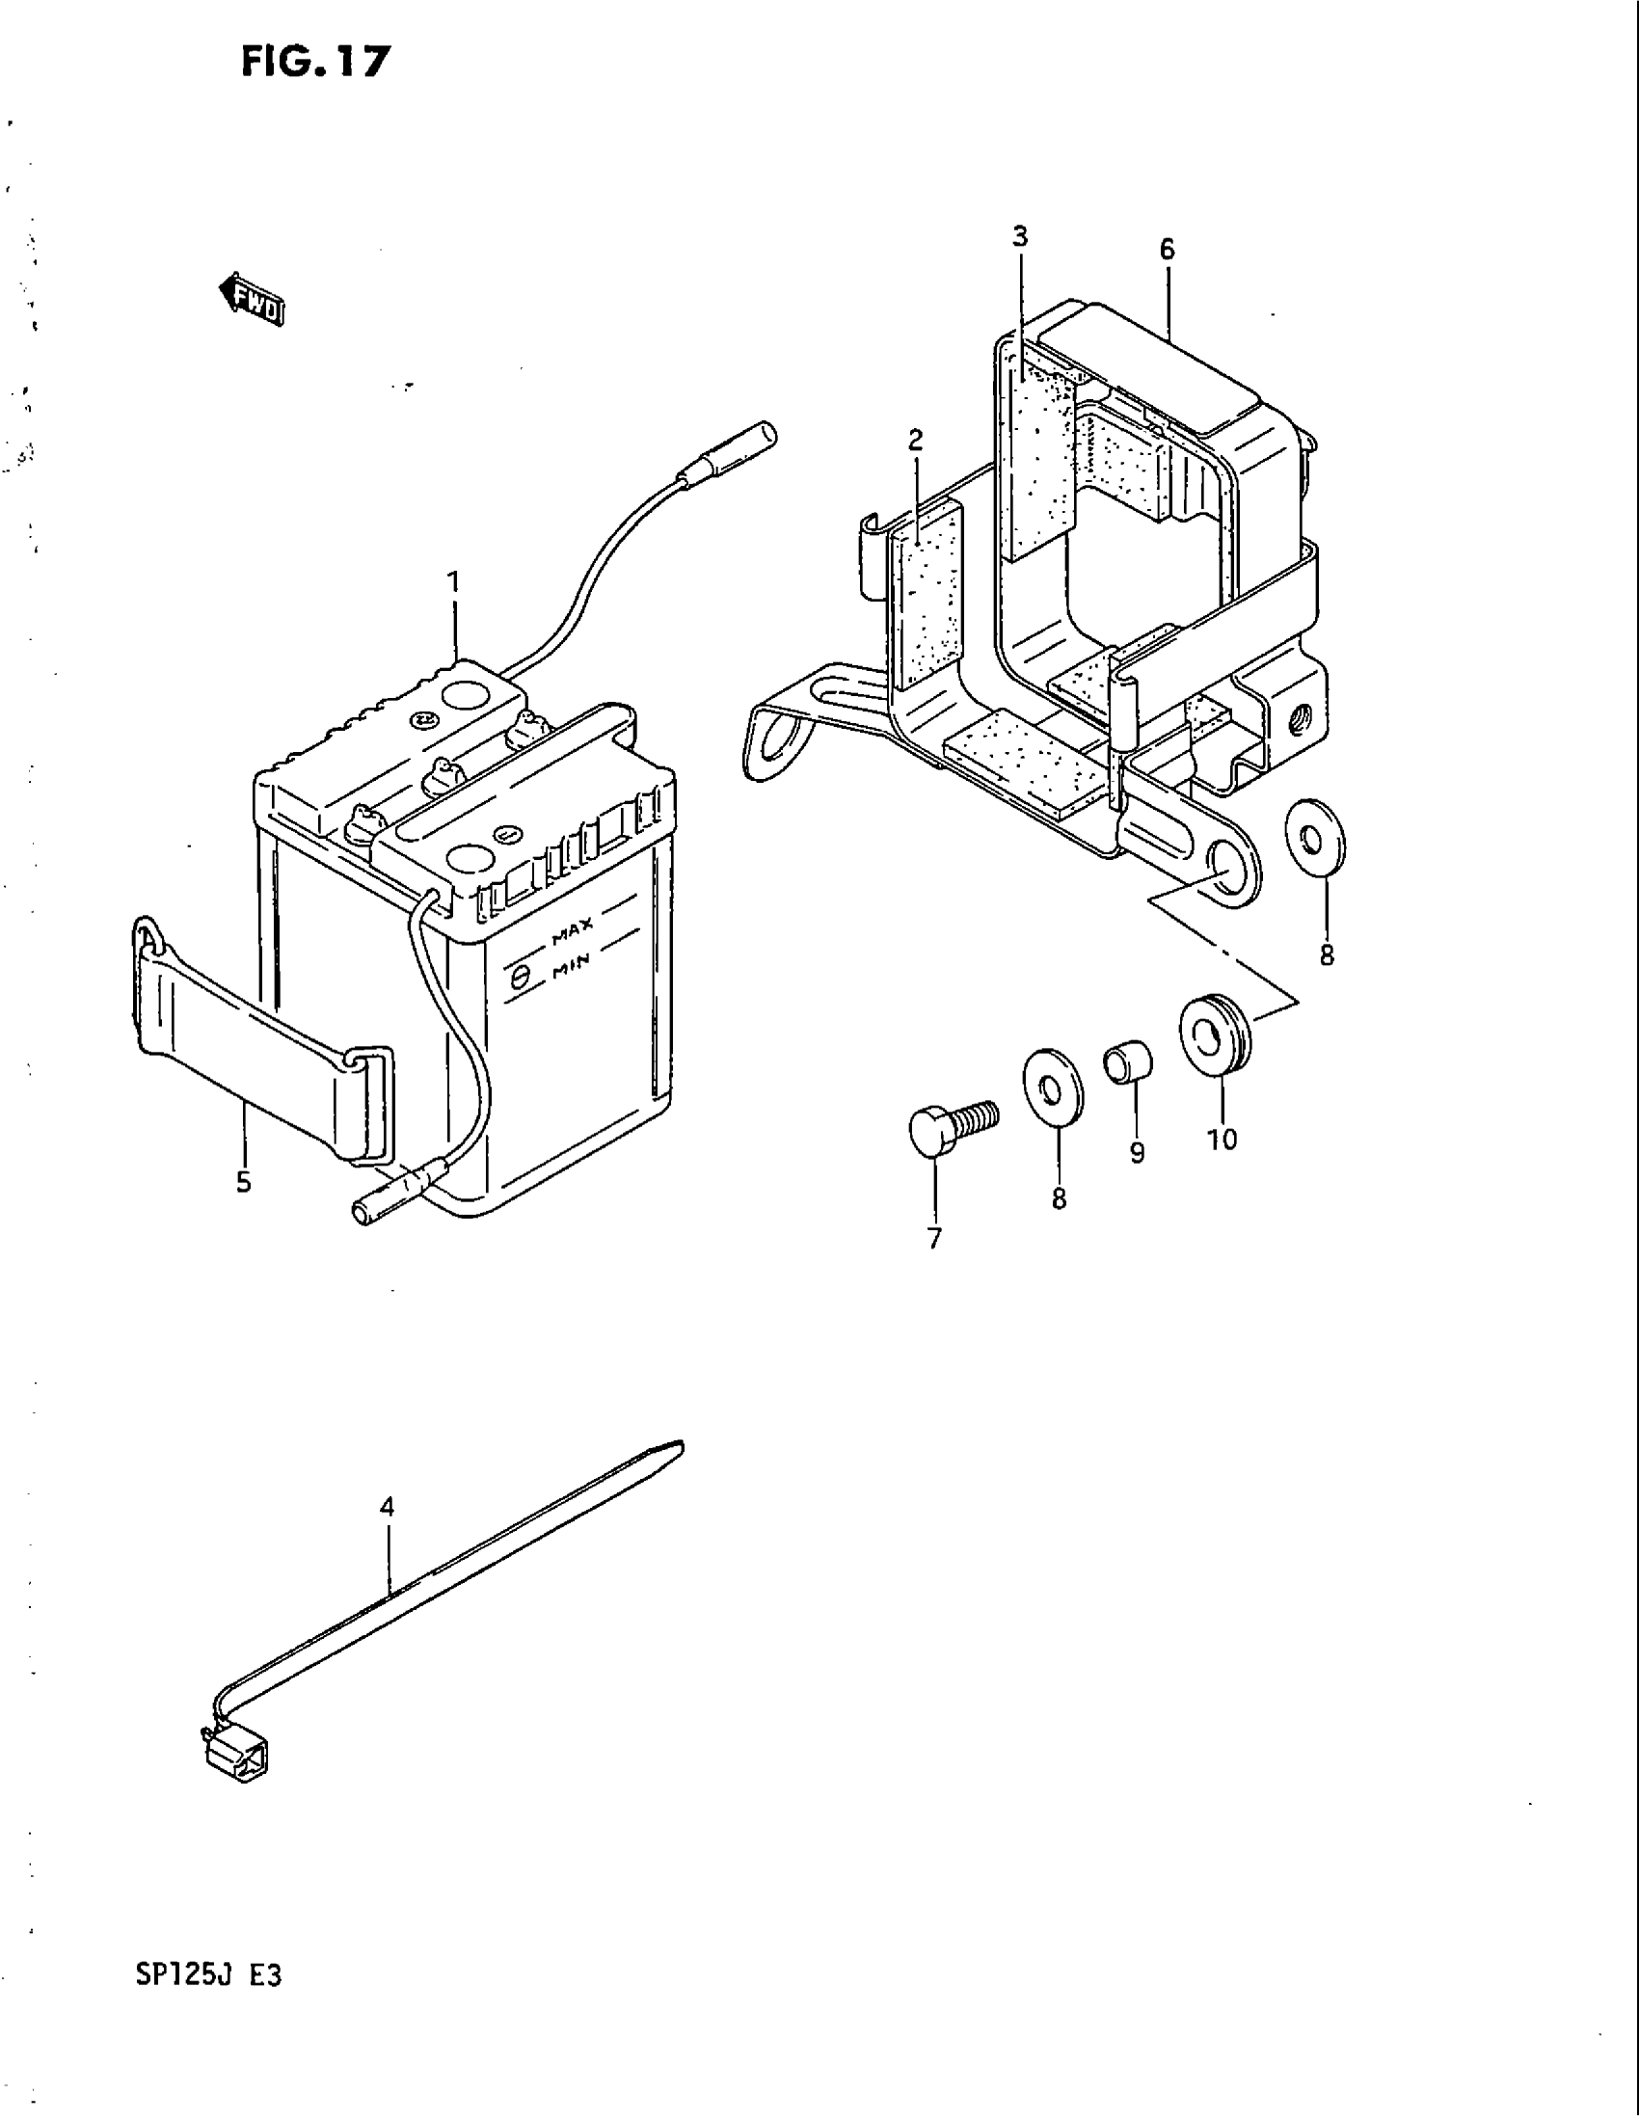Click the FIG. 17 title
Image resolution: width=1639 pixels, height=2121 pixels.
click(x=314, y=61)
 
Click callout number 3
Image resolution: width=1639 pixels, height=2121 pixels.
click(x=1019, y=236)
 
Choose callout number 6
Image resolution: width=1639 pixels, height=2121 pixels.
click(x=1167, y=250)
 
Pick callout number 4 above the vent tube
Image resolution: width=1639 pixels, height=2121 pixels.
click(x=388, y=1507)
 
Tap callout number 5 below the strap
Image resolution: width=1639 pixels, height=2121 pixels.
click(x=243, y=1182)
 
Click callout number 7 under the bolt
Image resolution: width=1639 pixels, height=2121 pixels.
click(x=934, y=1239)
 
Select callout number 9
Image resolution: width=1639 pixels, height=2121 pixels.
click(x=1137, y=1153)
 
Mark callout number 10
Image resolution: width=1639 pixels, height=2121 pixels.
click(x=1223, y=1140)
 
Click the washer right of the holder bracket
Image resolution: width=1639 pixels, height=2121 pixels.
click(x=1315, y=830)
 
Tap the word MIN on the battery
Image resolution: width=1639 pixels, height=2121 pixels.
click(x=573, y=969)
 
